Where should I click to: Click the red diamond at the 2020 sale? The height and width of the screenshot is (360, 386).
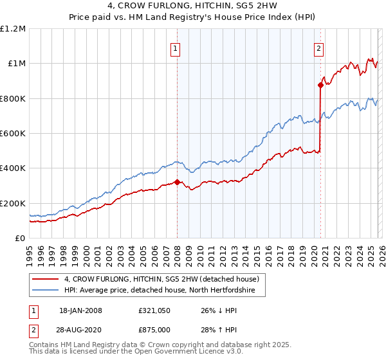(x=320, y=85)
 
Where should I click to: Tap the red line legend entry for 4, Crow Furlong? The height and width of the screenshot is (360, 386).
(x=161, y=279)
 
